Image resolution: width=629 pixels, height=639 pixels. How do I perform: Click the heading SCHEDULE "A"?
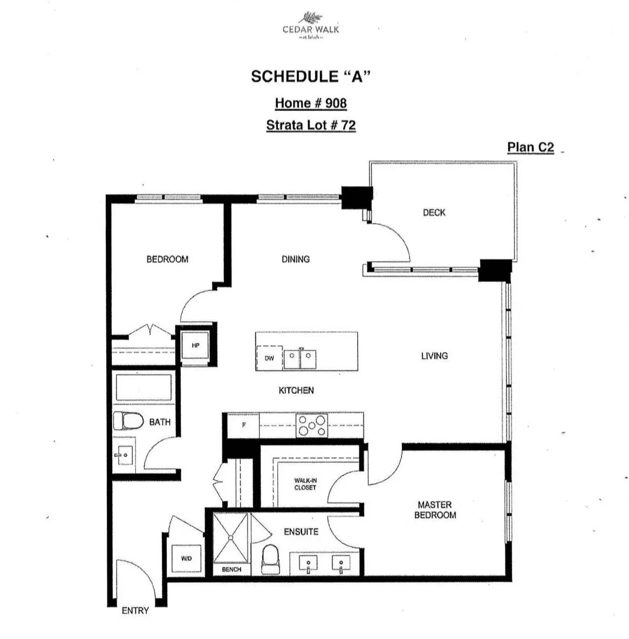coord(311,77)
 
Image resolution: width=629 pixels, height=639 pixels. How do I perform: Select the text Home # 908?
coord(311,103)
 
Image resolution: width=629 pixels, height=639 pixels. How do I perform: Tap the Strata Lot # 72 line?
coord(311,125)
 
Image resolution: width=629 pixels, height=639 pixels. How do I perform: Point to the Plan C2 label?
coord(530,147)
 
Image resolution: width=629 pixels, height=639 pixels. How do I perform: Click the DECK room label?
coord(434,212)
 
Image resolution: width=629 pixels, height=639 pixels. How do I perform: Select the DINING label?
coord(296,259)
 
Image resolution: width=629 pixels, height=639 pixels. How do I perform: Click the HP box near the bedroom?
coord(196,346)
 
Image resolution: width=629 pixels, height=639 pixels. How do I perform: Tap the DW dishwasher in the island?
coord(269,358)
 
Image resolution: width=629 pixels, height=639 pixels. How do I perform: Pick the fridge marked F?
coord(243,425)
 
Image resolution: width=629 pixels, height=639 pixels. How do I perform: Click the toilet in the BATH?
coord(127,421)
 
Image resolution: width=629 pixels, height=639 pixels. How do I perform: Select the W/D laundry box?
coord(186,559)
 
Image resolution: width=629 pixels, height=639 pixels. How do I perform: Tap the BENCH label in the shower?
coord(231,569)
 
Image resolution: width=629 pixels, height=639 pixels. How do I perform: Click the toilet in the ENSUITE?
coord(270,559)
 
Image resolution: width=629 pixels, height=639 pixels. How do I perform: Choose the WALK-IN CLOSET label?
coord(305,484)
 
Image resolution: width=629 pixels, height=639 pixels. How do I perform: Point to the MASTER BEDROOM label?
coord(435,510)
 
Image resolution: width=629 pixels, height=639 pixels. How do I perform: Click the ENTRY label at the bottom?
coord(135,610)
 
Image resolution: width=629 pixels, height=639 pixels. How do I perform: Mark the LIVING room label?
coord(434,356)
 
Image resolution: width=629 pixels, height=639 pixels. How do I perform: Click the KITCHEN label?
coord(296,390)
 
